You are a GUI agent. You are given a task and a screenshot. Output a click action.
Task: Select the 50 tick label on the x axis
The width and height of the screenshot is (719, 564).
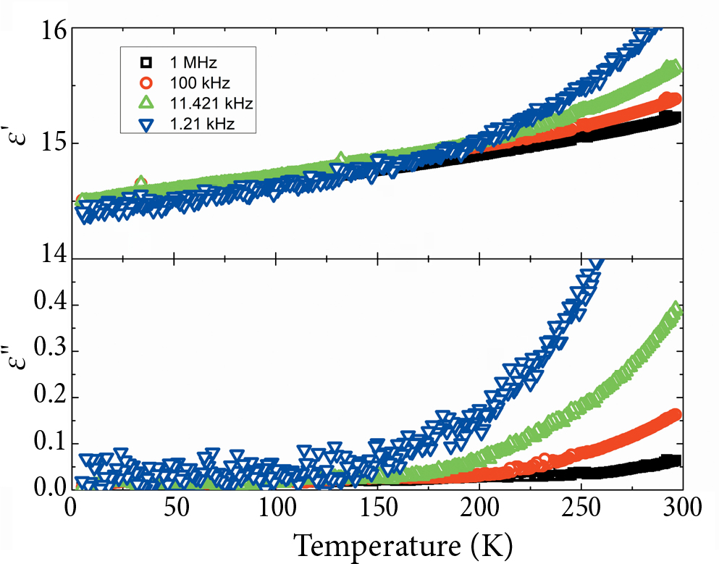click(x=172, y=509)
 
